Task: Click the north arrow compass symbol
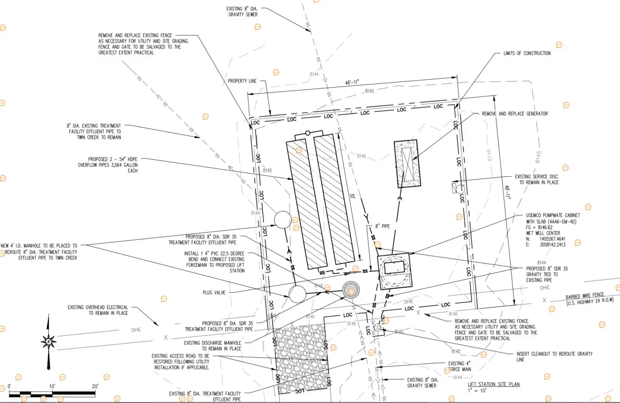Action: pyautogui.click(x=48, y=341)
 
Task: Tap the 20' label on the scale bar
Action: pyautogui.click(x=95, y=387)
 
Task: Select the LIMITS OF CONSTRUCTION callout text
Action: pyautogui.click(x=527, y=54)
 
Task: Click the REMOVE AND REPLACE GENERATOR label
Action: pyautogui.click(x=514, y=114)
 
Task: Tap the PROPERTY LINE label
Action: pyautogui.click(x=242, y=82)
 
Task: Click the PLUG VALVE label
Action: pyautogui.click(x=214, y=293)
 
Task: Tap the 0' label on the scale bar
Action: pyautogui.click(x=9, y=387)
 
